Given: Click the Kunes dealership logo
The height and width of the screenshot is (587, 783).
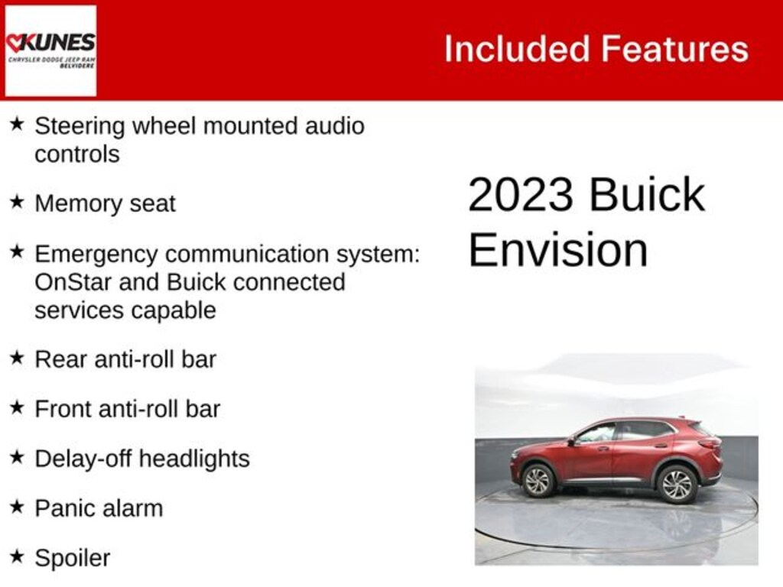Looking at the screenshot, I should (x=50, y=50).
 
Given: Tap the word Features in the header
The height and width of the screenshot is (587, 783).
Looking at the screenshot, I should (x=674, y=49).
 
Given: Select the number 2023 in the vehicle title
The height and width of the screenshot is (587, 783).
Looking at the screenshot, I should (x=520, y=195).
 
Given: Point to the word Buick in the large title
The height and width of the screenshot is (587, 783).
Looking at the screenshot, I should (x=647, y=195).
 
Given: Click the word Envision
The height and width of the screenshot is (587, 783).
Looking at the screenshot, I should (x=557, y=250).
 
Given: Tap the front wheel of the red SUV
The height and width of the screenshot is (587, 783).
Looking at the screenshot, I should (x=537, y=480).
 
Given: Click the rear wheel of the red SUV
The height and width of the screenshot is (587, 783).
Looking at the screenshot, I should (x=676, y=483).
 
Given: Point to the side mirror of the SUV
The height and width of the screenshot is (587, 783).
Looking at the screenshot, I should (x=571, y=439).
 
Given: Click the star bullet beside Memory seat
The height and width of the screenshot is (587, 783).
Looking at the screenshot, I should (x=17, y=202).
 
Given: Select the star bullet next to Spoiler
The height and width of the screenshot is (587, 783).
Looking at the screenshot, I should (x=17, y=556).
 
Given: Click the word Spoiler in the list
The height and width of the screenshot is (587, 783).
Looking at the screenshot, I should (x=72, y=558).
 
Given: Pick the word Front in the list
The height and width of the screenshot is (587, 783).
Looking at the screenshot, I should (x=63, y=409).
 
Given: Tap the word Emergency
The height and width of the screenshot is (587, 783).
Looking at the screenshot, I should (x=95, y=253).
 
